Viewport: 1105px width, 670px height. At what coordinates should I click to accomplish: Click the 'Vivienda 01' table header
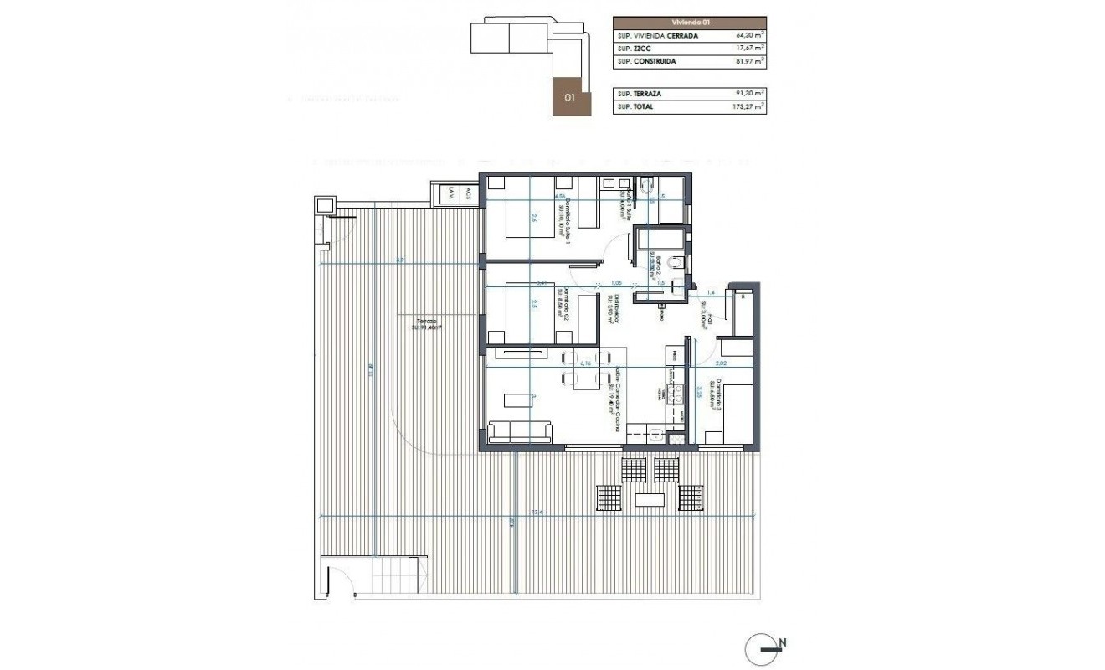point(689,23)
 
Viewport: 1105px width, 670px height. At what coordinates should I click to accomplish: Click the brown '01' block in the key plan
point(572,96)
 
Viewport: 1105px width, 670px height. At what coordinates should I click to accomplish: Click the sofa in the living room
point(520,432)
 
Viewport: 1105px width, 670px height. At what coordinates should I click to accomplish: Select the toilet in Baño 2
point(678,265)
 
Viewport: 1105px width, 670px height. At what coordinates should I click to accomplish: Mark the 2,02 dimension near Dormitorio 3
point(721,364)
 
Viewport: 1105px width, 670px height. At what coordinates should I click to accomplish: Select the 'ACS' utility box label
point(469,193)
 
